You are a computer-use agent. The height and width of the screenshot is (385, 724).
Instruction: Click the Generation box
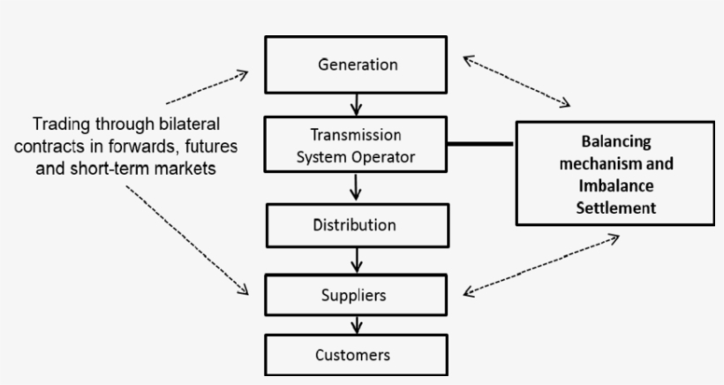[357, 64]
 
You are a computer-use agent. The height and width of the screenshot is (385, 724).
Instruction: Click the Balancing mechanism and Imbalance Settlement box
[615, 174]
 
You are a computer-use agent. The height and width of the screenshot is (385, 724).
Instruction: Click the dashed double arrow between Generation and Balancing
[517, 81]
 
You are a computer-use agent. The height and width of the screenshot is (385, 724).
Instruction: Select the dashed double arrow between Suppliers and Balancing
[541, 263]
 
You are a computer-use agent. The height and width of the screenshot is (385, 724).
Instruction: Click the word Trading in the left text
[61, 123]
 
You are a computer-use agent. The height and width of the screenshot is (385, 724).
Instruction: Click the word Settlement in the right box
[615, 208]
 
